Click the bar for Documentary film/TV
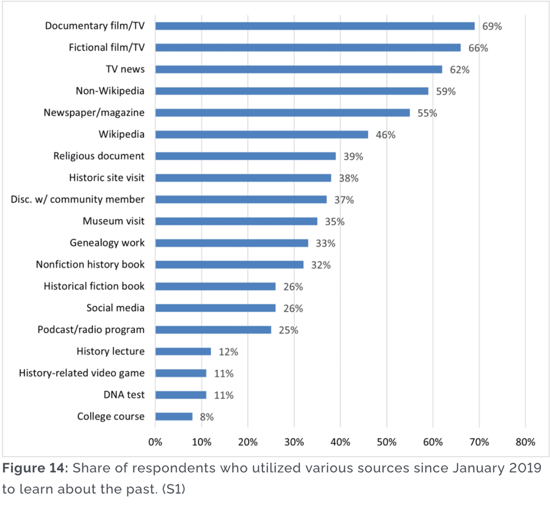[315, 26]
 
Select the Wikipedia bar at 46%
[262, 134]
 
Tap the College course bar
[174, 417]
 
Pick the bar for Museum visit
[236, 221]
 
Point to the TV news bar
[298, 69]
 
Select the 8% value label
[207, 417]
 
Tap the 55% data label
[426, 113]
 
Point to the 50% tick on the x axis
[386, 442]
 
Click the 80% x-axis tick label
[525, 442]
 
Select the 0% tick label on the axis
[155, 442]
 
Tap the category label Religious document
[99, 156]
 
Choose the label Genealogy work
[107, 243]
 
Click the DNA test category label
[124, 395]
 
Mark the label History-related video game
[82, 373]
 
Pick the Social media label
[116, 308]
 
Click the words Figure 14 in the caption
[36, 468]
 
